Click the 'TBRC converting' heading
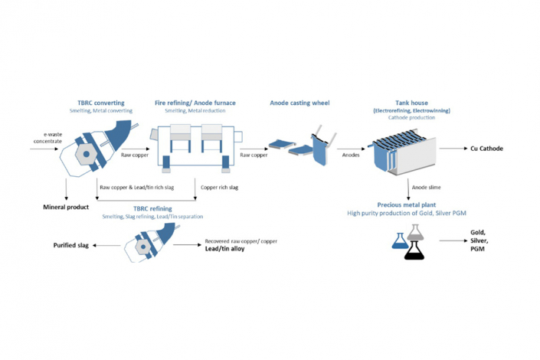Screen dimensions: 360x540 point(101,102)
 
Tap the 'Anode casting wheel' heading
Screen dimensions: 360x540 point(301,102)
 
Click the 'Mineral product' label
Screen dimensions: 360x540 point(65,207)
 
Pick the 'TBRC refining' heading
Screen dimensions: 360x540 point(152,208)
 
